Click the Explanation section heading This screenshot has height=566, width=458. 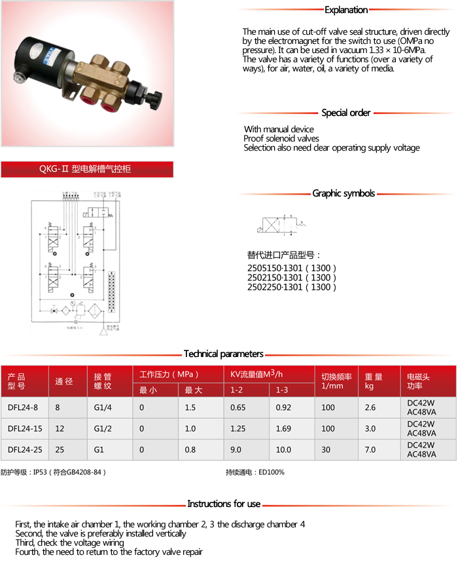[x=346, y=10]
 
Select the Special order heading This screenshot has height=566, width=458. [x=346, y=113]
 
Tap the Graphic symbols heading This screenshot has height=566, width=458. [x=343, y=193]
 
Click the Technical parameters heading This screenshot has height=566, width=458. [x=223, y=354]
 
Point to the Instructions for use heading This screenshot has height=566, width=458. [x=224, y=504]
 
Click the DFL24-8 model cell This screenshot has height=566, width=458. [x=23, y=407]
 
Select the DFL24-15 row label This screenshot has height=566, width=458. [x=25, y=428]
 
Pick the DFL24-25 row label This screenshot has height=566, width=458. [x=25, y=449]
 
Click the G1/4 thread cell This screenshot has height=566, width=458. [x=103, y=407]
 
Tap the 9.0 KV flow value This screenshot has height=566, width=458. [x=236, y=449]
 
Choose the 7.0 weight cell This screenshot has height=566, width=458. [x=370, y=449]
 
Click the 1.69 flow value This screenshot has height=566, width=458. [x=283, y=428]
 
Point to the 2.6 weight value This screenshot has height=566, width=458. [x=370, y=407]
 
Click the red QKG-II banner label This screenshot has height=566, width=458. [x=86, y=169]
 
